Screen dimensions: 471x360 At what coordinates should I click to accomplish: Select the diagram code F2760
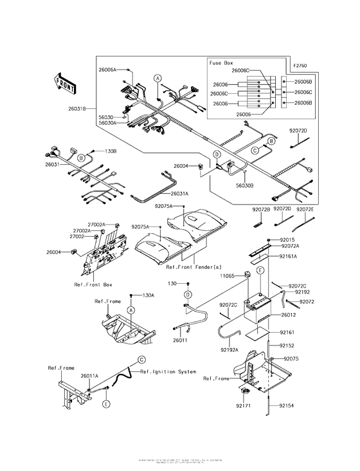(300, 66)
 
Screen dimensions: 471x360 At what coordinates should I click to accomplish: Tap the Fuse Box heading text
(222, 63)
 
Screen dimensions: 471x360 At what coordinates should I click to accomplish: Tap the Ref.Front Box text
(93, 283)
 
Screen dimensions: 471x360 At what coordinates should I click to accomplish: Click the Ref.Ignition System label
(168, 371)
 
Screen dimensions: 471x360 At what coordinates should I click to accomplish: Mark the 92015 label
(286, 239)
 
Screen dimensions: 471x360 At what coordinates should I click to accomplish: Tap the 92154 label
(287, 407)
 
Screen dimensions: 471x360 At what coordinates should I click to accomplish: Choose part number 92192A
(230, 349)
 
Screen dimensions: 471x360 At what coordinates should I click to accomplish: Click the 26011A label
(89, 375)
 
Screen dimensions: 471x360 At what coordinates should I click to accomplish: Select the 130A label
(148, 295)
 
